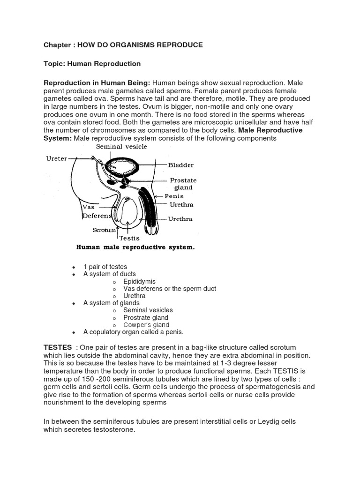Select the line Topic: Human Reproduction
[92, 64]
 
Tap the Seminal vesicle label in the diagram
[121, 147]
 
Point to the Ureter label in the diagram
[56, 159]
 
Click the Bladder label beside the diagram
[180, 165]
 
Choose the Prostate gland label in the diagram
[183, 184]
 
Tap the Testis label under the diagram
[129, 238]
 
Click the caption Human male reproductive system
[135, 247]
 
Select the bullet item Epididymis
[139, 281]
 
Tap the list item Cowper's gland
[146, 325]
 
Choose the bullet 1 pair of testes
[105, 267]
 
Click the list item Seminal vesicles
[148, 310]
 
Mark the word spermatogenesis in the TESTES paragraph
[271, 387]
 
